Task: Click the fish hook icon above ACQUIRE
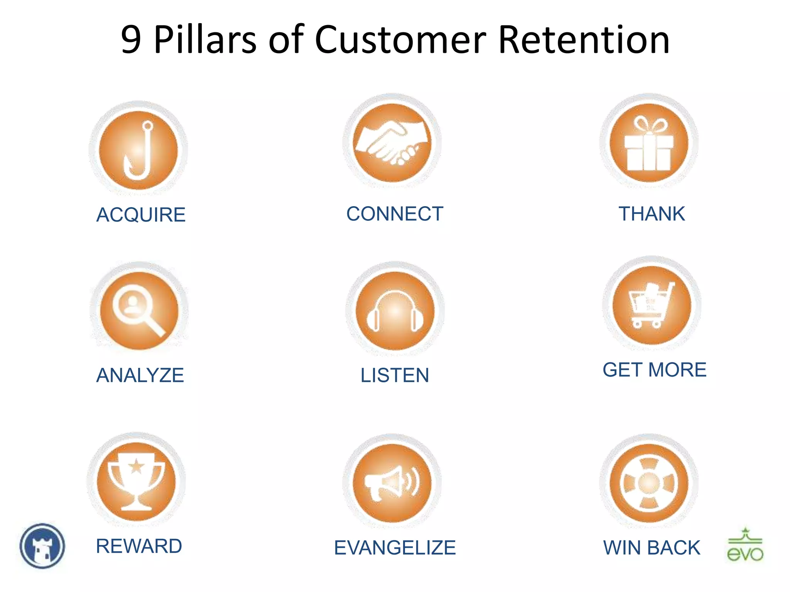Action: (x=138, y=150)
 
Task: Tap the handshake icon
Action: (x=392, y=143)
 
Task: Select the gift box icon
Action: (x=649, y=143)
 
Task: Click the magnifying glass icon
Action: (x=139, y=310)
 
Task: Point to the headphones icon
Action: (x=395, y=311)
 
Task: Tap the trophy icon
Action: (x=136, y=481)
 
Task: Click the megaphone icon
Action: (x=392, y=483)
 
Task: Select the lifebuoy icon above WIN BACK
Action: (x=649, y=483)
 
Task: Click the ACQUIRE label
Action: (x=141, y=215)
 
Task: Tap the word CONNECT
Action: (x=395, y=214)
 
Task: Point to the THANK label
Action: (x=652, y=214)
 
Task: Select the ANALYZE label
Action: (x=140, y=375)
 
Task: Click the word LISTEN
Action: (x=395, y=375)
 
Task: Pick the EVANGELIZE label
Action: (x=395, y=548)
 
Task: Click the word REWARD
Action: (x=139, y=546)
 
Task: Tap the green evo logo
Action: (x=745, y=545)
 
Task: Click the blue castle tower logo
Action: (x=42, y=546)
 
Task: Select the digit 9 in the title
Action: (x=131, y=39)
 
